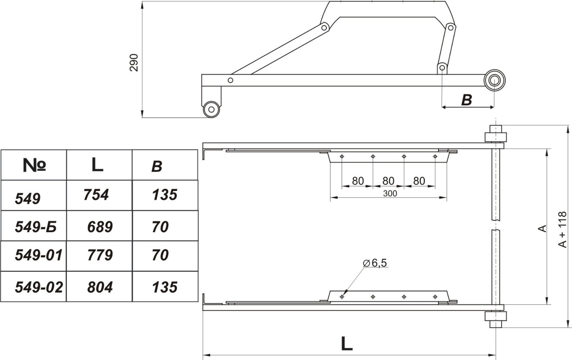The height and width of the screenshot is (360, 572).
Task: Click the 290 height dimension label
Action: coord(134,63)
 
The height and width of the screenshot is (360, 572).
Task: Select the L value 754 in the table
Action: coord(96,195)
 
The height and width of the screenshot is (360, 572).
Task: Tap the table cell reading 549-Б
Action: coord(36,227)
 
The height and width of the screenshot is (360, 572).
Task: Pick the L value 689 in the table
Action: coord(100,227)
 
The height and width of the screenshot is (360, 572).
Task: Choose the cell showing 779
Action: coord(100,255)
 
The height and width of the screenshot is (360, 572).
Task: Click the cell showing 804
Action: coord(100,287)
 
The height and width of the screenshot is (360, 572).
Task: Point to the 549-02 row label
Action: coord(39,287)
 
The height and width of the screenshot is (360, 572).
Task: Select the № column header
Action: coord(34,165)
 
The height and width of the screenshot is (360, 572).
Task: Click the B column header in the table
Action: coord(157,167)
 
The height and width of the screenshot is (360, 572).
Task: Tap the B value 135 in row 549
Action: coord(165,195)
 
